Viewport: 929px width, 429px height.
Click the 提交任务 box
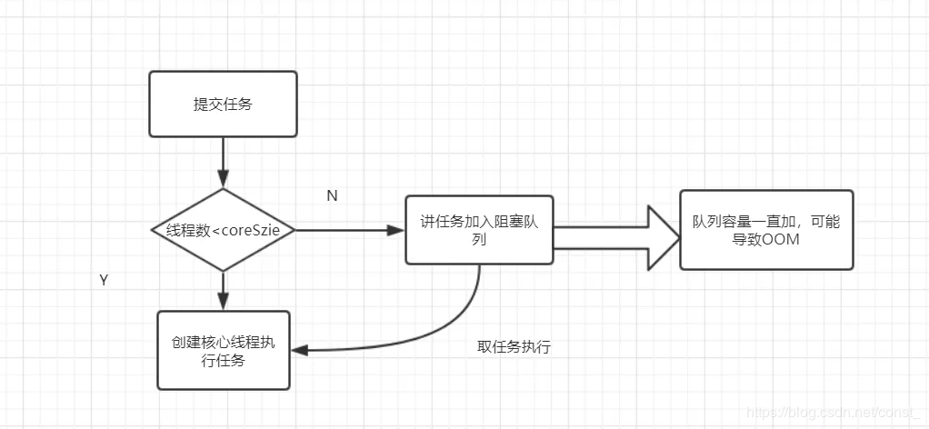pos(222,105)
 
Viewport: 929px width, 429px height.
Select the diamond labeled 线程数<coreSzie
pos(223,230)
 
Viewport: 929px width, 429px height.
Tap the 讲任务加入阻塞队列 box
pos(479,230)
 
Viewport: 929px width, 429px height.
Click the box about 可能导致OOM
pos(766,230)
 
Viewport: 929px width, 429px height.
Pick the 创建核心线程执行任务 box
pos(223,351)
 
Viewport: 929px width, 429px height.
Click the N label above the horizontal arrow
pos(332,195)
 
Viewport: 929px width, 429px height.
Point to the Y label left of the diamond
pos(104,281)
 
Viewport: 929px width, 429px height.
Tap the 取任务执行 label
pos(514,347)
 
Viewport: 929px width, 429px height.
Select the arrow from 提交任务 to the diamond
pos(223,164)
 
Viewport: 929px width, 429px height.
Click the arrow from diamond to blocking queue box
pos(350,230)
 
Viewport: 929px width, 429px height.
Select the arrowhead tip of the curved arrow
pos(298,350)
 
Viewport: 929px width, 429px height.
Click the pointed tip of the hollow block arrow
pos(677,237)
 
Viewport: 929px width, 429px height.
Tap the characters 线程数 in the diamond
pos(179,230)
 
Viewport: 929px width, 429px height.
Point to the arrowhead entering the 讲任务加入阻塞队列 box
pos(397,230)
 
